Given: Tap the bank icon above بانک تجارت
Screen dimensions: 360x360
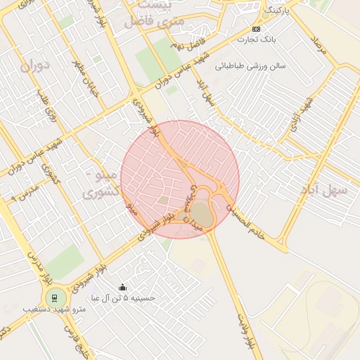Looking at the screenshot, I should coord(256,29).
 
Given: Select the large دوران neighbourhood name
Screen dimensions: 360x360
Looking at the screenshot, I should coord(36,68).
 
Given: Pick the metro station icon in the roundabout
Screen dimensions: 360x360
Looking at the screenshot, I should coord(53,297).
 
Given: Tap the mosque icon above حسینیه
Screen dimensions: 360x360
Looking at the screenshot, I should coord(123,287).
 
